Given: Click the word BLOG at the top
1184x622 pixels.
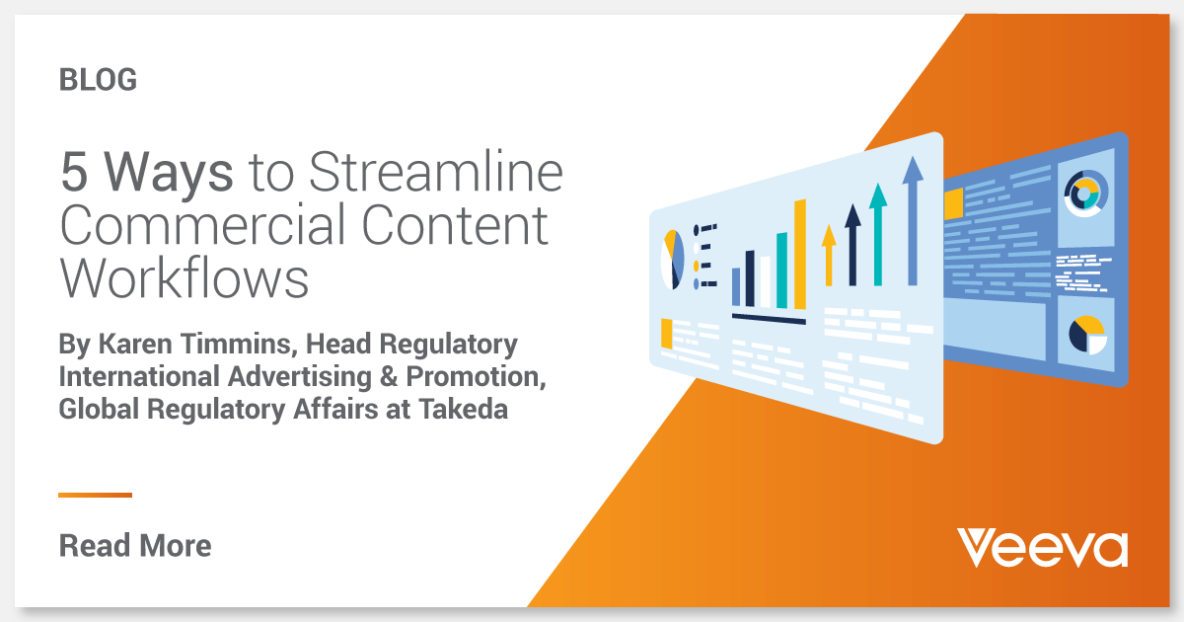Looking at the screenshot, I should pyautogui.click(x=98, y=80).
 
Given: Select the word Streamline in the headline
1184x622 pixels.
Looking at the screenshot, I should pyautogui.click(x=435, y=174).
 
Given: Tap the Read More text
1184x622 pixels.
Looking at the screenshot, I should pyautogui.click(x=135, y=545).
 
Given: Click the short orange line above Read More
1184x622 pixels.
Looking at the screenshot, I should pyautogui.click(x=95, y=495).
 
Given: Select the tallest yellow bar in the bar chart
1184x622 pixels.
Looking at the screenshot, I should pyautogui.click(x=799, y=254).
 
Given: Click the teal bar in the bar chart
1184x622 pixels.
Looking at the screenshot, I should pyautogui.click(x=781, y=270).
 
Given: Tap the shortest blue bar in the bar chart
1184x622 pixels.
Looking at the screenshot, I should pyautogui.click(x=736, y=285).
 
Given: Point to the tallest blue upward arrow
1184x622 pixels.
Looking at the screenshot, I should pyautogui.click(x=913, y=222).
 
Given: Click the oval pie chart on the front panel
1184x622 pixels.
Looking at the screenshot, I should pyautogui.click(x=672, y=260).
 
